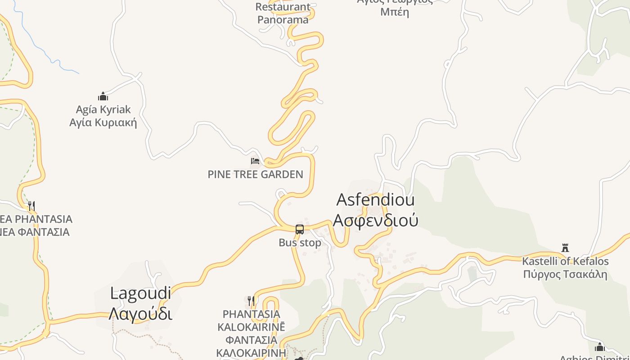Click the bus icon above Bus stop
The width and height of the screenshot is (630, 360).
tap(300, 229)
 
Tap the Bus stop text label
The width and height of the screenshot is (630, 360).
tap(300, 243)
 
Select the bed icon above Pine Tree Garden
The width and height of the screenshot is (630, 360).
tap(255, 161)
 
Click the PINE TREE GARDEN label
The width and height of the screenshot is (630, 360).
tap(255, 174)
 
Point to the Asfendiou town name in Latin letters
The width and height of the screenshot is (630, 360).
tap(375, 200)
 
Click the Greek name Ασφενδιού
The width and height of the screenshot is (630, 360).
tap(375, 220)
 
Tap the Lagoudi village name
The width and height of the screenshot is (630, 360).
tap(140, 293)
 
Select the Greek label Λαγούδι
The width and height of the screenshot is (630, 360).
tap(140, 313)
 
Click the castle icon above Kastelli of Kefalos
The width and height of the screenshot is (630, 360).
tap(565, 247)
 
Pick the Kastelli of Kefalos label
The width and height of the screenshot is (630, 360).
tap(565, 261)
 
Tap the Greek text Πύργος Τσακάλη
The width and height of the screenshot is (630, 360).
tap(565, 274)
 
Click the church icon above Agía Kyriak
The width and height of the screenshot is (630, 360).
tap(103, 96)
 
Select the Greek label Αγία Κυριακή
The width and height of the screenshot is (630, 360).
tap(103, 122)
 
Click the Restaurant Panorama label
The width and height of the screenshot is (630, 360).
tap(283, 13)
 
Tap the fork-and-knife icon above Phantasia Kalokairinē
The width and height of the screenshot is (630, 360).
tap(251, 300)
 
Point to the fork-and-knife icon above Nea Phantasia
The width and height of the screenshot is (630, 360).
tap(31, 206)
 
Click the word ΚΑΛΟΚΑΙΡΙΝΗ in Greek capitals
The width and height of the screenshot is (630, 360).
tap(251, 352)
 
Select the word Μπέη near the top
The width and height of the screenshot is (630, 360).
tap(395, 12)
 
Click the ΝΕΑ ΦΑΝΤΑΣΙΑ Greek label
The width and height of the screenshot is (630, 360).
tap(35, 232)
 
